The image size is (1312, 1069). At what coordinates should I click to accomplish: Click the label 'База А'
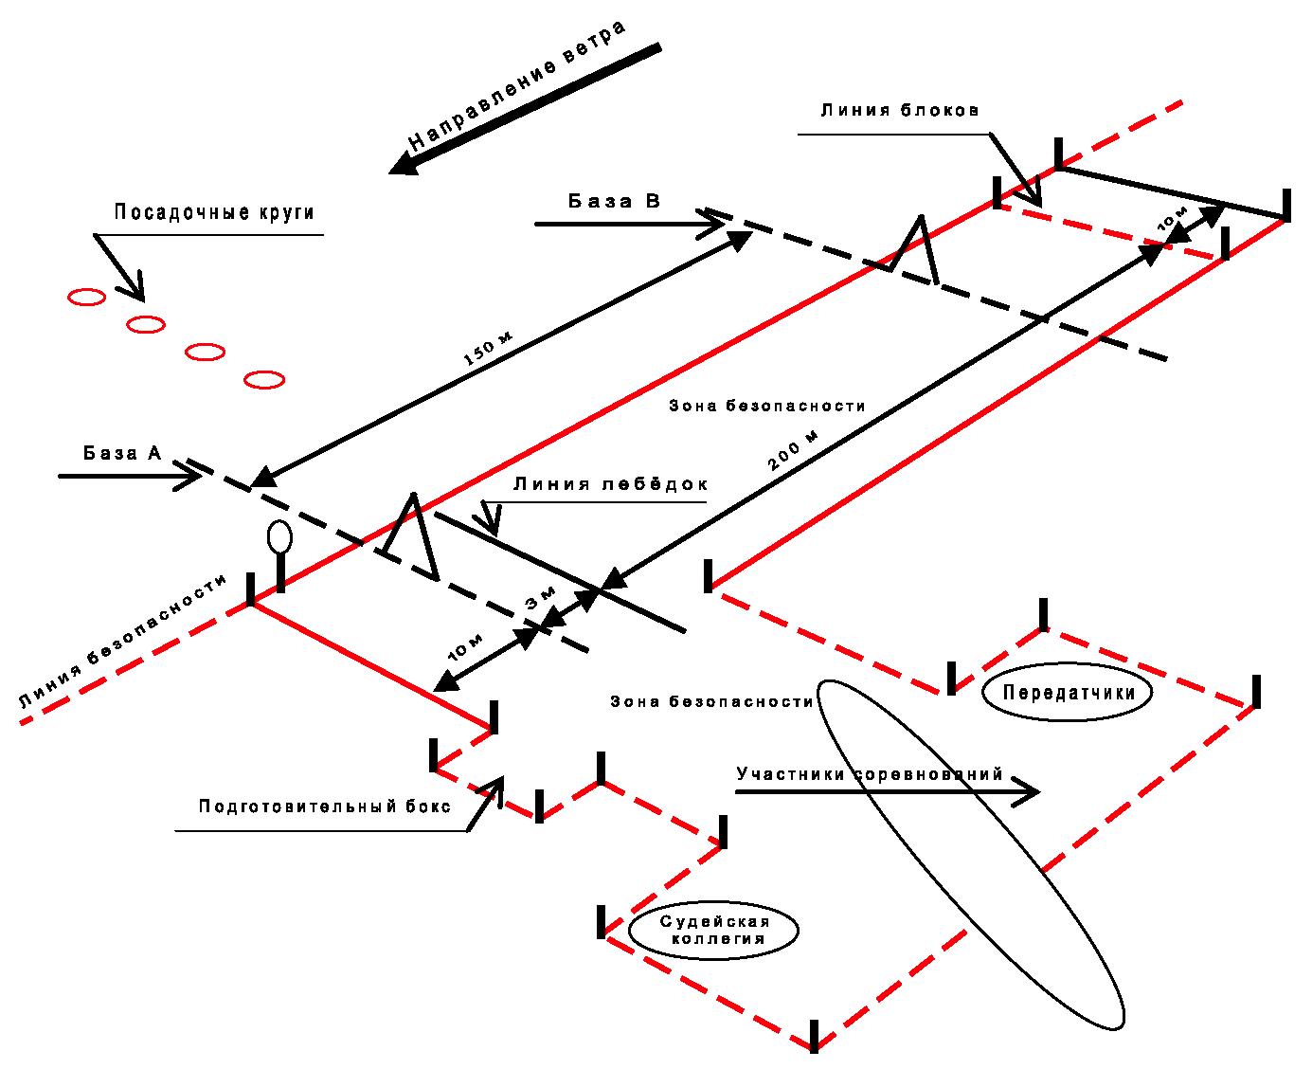(x=122, y=453)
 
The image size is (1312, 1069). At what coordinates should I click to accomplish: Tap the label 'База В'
(x=614, y=201)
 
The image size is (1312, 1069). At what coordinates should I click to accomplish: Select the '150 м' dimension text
(x=487, y=349)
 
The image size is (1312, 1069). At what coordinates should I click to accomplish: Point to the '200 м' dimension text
(x=794, y=450)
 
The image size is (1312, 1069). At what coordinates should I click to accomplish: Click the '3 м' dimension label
(x=540, y=597)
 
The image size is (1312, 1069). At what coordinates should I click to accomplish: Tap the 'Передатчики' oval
(x=1067, y=693)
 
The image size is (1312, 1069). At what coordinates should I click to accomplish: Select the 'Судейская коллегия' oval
(x=714, y=930)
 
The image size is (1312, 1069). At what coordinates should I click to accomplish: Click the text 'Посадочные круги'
(x=214, y=212)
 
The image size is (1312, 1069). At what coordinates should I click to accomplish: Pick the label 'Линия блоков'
(x=900, y=110)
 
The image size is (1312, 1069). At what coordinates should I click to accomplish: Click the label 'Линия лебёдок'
(x=610, y=483)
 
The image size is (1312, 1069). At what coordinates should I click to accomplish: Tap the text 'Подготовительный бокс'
(x=325, y=806)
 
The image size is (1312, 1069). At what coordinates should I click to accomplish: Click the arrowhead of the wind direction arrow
(x=404, y=164)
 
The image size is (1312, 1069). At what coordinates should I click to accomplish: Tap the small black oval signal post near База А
(x=280, y=537)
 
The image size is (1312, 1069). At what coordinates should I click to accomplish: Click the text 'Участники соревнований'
(x=870, y=774)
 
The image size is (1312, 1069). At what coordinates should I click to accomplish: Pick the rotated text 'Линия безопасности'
(x=122, y=641)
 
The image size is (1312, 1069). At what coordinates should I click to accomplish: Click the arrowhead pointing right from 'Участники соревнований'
(x=1026, y=791)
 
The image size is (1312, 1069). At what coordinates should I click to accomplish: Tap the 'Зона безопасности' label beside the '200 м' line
(x=767, y=406)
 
